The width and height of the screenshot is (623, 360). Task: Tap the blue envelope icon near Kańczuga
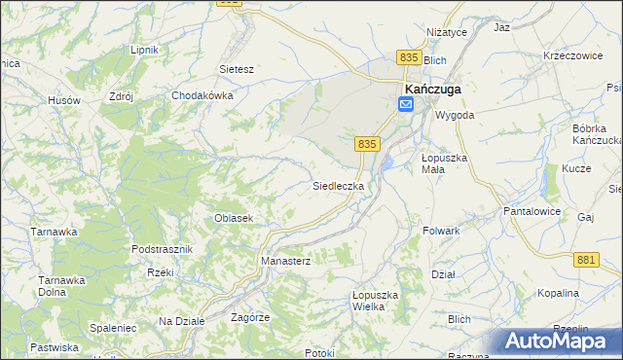[406, 103]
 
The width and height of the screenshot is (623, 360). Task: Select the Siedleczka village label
[338, 185]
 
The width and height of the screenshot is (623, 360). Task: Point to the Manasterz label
[285, 262]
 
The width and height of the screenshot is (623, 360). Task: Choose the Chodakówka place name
[202, 96]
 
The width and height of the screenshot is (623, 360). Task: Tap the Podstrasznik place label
[163, 249]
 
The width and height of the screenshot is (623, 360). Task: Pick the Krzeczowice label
[573, 56]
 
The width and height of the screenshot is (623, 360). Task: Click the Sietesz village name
[237, 70]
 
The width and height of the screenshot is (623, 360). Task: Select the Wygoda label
[455, 115]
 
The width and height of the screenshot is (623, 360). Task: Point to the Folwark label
[441, 231]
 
